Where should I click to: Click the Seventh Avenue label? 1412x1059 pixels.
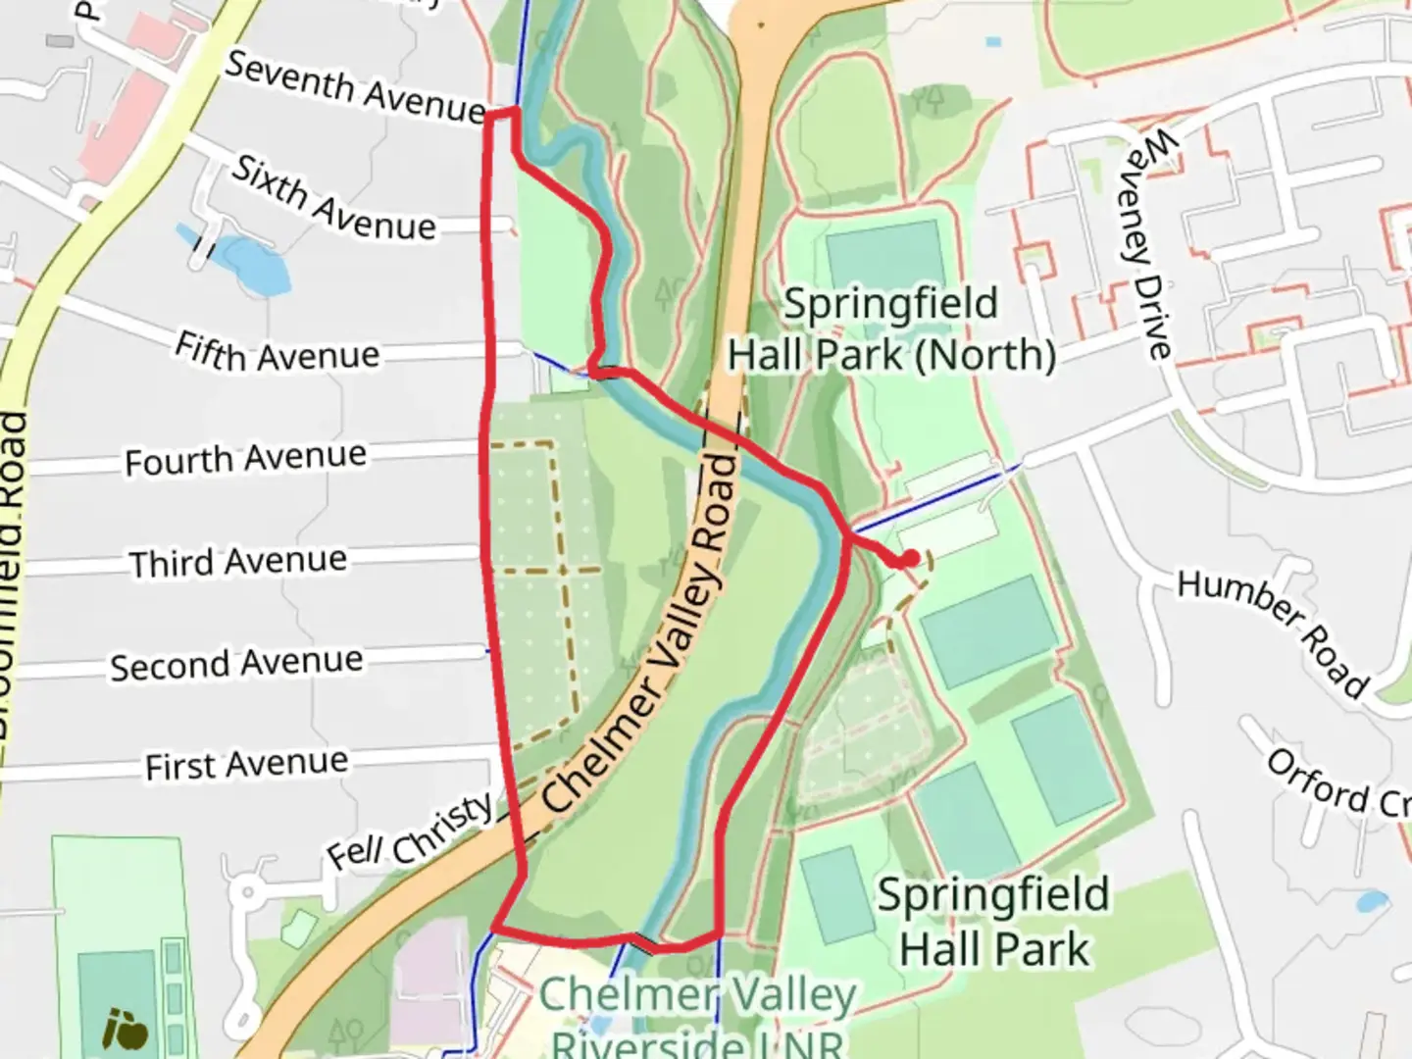[355, 87]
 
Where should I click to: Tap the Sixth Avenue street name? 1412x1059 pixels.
[332, 198]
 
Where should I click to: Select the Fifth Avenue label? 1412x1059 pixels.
[277, 353]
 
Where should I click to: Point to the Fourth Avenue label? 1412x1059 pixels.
[245, 458]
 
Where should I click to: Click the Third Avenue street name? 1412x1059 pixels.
[238, 562]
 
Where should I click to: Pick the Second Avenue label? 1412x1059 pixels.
[235, 664]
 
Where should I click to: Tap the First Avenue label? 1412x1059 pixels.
[246, 764]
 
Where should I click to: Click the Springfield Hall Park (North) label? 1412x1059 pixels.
[890, 329]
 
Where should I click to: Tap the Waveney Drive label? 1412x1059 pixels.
[1146, 245]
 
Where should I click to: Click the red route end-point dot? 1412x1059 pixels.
[910, 559]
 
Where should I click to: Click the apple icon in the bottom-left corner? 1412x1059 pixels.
[126, 1029]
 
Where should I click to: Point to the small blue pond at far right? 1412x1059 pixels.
[1371, 900]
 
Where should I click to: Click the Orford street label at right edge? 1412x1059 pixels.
[1338, 787]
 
